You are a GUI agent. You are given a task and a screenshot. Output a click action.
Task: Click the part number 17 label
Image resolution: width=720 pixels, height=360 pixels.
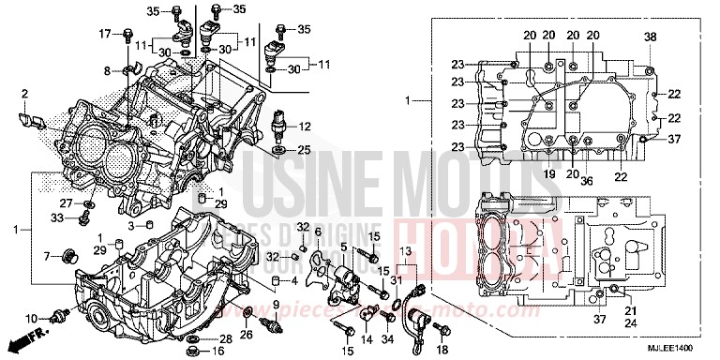pyautogui.click(x=105, y=34)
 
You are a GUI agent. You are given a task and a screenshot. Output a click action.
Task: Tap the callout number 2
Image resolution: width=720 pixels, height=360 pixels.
pyautogui.click(x=24, y=94)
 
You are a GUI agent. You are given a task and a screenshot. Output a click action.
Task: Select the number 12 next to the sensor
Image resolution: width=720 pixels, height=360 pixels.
pyautogui.click(x=305, y=127)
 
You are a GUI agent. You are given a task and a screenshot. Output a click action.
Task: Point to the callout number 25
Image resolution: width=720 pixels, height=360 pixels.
pyautogui.click(x=305, y=150)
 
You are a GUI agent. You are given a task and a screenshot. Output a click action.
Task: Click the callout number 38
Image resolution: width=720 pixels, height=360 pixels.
pyautogui.click(x=651, y=37)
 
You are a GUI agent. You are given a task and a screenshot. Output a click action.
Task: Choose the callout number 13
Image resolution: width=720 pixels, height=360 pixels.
pyautogui.click(x=405, y=252)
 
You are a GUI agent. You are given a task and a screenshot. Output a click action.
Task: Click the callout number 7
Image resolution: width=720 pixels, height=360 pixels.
pyautogui.click(x=47, y=255)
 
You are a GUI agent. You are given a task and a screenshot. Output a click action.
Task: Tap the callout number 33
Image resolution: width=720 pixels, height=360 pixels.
pyautogui.click(x=56, y=217)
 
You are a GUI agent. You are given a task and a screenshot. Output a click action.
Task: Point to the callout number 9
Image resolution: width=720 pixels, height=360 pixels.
pyautogui.click(x=276, y=304)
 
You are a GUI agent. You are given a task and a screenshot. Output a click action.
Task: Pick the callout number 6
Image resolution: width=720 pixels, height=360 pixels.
pyautogui.click(x=318, y=232)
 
